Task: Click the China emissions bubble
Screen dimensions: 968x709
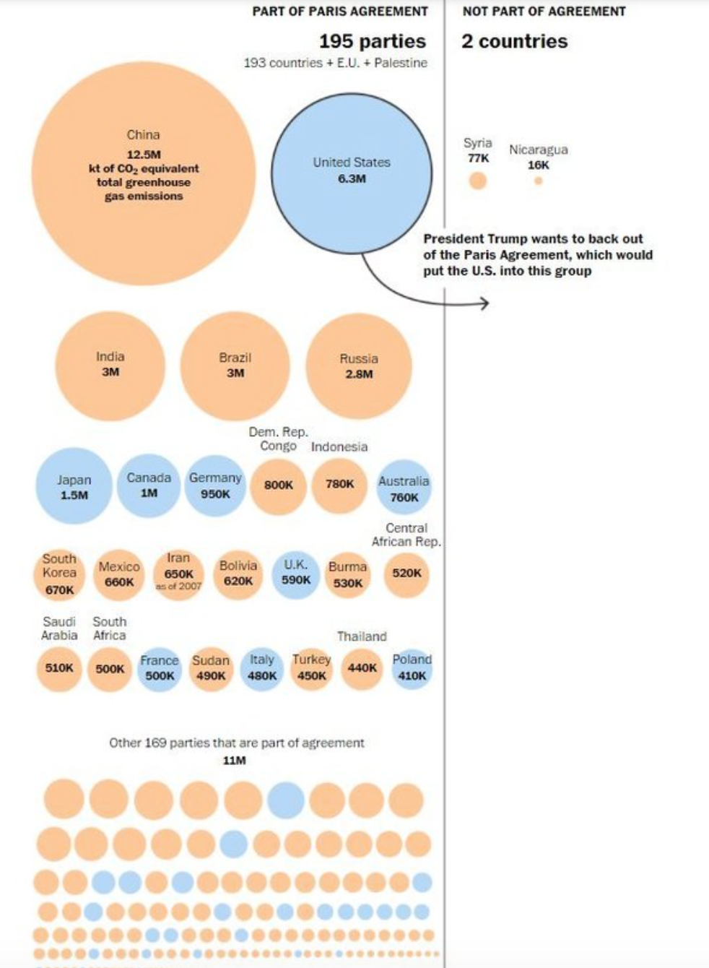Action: point(143,173)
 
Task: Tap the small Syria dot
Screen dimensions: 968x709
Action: point(477,181)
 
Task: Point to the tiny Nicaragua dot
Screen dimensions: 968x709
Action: point(538,181)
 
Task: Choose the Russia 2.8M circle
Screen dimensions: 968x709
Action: point(359,366)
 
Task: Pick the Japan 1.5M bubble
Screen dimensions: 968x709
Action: point(74,487)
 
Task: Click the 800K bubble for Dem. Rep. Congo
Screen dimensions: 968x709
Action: point(278,485)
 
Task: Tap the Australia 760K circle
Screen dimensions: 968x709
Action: point(404,488)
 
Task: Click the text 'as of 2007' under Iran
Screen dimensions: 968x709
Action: point(178,586)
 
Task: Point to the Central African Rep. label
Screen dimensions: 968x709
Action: point(406,535)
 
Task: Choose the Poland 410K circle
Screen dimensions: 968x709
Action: point(412,668)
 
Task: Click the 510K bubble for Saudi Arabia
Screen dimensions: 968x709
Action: point(59,668)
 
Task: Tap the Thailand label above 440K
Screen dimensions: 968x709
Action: point(362,636)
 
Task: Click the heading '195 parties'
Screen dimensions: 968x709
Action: point(373,41)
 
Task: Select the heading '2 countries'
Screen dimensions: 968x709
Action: point(515,41)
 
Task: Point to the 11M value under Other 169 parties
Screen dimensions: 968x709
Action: point(234,760)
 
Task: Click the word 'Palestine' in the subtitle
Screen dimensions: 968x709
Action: point(401,63)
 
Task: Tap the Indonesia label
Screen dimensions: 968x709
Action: point(339,446)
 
